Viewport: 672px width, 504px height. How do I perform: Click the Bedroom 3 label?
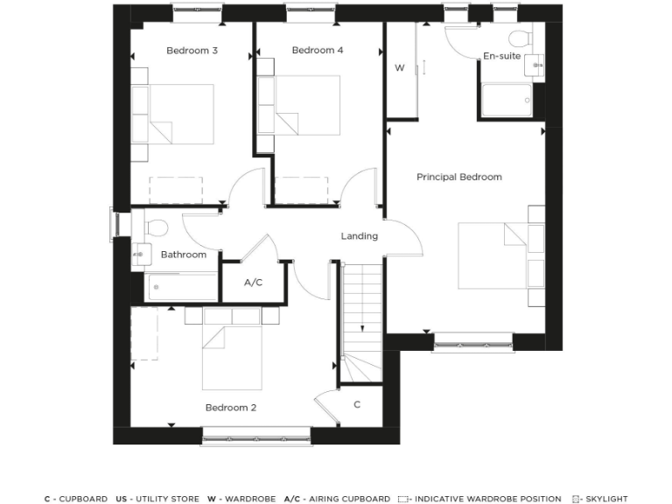pyautogui.click(x=192, y=51)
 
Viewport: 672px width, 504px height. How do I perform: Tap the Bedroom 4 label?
pyautogui.click(x=317, y=51)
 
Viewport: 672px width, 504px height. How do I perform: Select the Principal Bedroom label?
pyautogui.click(x=458, y=177)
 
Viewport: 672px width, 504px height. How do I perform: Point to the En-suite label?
pyautogui.click(x=501, y=56)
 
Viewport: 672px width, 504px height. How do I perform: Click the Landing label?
pyautogui.click(x=359, y=236)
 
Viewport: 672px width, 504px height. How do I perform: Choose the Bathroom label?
pyautogui.click(x=184, y=255)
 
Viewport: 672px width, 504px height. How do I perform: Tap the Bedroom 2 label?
pyautogui.click(x=230, y=408)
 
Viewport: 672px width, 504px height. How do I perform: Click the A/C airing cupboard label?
pyautogui.click(x=253, y=283)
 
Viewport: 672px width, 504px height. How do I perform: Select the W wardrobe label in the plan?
pyautogui.click(x=399, y=67)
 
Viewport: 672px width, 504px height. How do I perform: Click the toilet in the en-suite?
pyautogui.click(x=521, y=38)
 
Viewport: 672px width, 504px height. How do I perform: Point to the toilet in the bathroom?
pyautogui.click(x=156, y=227)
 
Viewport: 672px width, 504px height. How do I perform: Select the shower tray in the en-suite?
pyautogui.click(x=507, y=100)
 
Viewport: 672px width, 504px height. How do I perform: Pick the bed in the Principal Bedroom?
pyautogui.click(x=494, y=255)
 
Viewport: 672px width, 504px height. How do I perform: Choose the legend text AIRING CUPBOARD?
pyautogui.click(x=348, y=499)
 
